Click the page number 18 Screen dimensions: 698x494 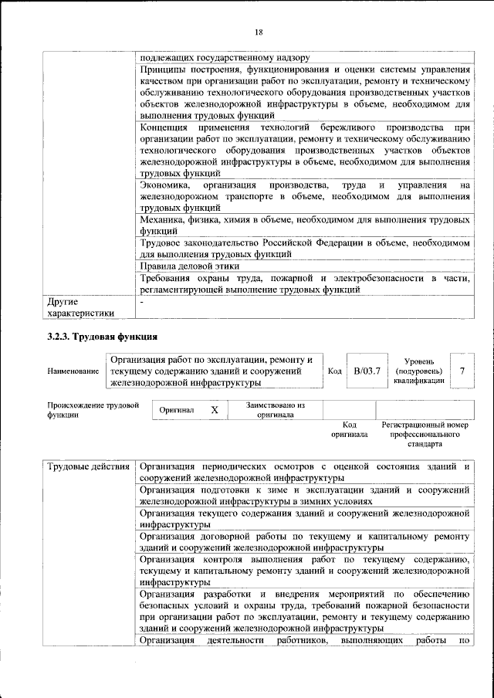259,31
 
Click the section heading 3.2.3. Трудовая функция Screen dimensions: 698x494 103,337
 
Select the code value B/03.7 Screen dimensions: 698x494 367,371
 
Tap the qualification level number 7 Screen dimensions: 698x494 461,371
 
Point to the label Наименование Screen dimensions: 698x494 73,371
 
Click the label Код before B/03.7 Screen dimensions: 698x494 335,371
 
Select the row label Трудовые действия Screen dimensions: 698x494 88,468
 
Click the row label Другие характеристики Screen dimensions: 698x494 80,307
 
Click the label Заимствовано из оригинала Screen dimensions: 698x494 275,409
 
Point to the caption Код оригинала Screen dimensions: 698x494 350,430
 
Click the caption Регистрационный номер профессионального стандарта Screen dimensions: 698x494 425,435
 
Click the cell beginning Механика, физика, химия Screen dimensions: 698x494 304,225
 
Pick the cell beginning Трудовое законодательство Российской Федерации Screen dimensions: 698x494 304,248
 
